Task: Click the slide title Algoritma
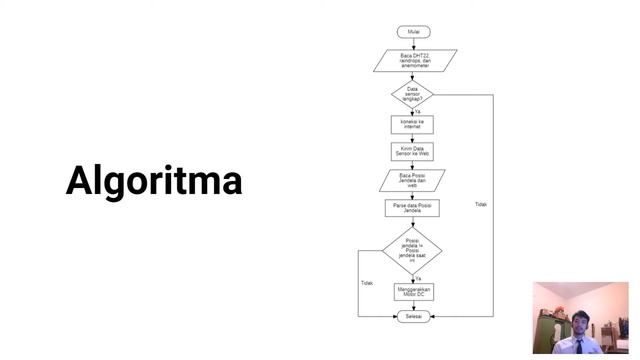154,181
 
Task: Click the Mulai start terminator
413,32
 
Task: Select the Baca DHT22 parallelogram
414,61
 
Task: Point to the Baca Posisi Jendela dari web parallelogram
413,180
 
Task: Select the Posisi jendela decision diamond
412,249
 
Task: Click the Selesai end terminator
413,316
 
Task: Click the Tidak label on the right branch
481,204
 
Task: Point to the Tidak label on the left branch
366,283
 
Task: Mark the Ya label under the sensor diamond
418,111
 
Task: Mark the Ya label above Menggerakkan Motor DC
418,278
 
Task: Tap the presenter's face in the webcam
579,319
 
